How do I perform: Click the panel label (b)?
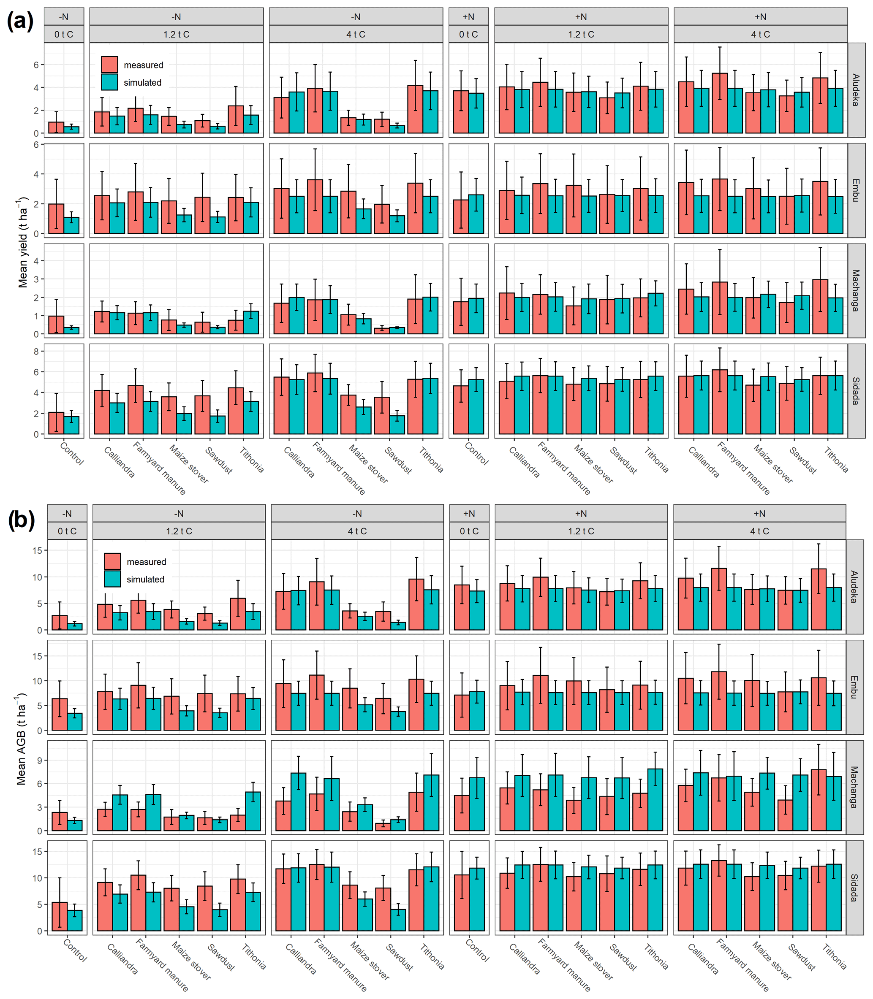click(x=22, y=520)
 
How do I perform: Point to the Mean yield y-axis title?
click(x=23, y=242)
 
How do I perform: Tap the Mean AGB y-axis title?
click(x=21, y=739)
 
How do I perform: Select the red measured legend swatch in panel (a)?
click(x=110, y=65)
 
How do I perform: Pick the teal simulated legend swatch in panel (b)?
click(x=112, y=579)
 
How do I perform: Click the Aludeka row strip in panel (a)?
click(x=856, y=90)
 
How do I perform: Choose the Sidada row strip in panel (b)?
click(x=854, y=888)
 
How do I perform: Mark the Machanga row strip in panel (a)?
click(x=856, y=291)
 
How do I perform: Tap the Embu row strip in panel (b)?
click(x=854, y=687)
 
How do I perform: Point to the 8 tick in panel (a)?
click(x=36, y=351)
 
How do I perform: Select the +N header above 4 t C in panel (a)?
click(x=761, y=17)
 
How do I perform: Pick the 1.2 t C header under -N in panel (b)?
click(x=179, y=531)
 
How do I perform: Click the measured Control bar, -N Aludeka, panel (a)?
click(x=56, y=127)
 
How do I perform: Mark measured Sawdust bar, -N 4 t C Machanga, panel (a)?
click(x=381, y=330)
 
